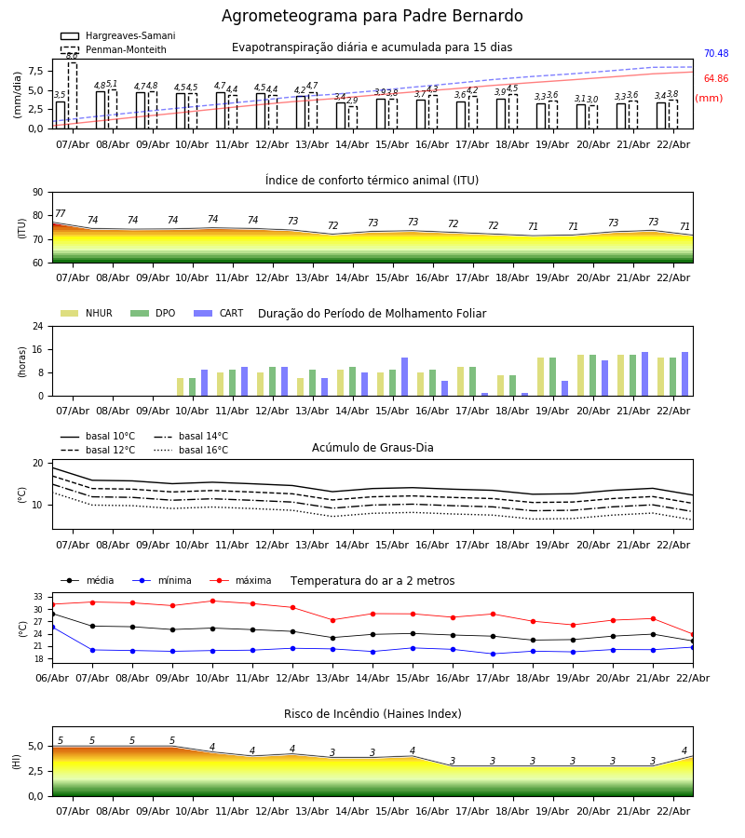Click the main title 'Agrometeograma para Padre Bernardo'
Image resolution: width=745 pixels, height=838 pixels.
point(372,17)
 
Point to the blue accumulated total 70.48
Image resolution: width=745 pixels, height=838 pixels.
point(715,54)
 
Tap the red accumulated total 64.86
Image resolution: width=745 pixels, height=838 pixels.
point(715,79)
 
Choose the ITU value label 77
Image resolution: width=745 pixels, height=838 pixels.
point(61,214)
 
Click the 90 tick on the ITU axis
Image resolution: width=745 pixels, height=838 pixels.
point(37,193)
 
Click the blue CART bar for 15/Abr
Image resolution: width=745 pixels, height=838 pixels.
point(405,377)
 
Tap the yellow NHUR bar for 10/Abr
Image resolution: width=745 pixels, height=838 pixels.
point(181,386)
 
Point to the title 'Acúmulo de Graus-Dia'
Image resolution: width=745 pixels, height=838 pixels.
point(372,448)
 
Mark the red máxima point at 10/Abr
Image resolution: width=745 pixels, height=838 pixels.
point(212,601)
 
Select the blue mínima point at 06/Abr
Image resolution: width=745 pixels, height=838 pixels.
point(52,628)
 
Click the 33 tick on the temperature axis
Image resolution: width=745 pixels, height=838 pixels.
point(37,597)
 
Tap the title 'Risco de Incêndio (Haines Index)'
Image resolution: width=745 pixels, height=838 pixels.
point(372,714)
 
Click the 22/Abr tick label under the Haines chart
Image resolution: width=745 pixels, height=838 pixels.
point(672,811)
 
